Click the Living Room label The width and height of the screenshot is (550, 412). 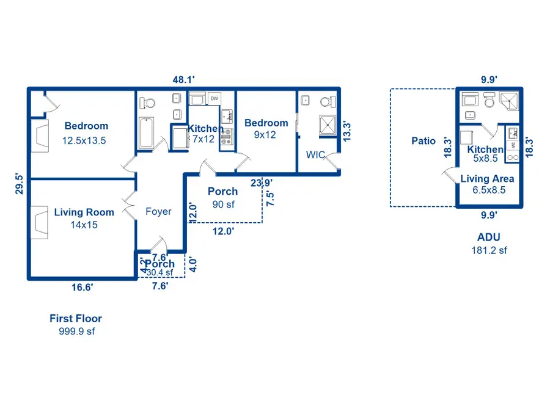[x=84, y=212]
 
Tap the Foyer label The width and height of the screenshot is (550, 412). [x=158, y=212]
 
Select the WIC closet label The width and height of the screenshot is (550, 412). [x=315, y=155]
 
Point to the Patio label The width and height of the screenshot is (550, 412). [x=424, y=141]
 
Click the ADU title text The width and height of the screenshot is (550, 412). [x=488, y=238]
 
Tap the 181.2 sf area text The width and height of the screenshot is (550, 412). [x=489, y=250]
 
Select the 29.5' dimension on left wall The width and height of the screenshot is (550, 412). [x=20, y=183]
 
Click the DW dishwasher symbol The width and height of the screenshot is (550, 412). [x=214, y=98]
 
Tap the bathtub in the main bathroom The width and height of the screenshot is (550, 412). [x=147, y=134]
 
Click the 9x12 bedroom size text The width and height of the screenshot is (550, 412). [x=265, y=135]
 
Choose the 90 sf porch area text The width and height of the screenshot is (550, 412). [x=222, y=204]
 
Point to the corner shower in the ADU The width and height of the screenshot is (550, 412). [x=510, y=100]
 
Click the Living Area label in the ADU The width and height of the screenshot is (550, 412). [x=487, y=179]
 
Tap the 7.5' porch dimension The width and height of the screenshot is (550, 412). [x=269, y=198]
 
